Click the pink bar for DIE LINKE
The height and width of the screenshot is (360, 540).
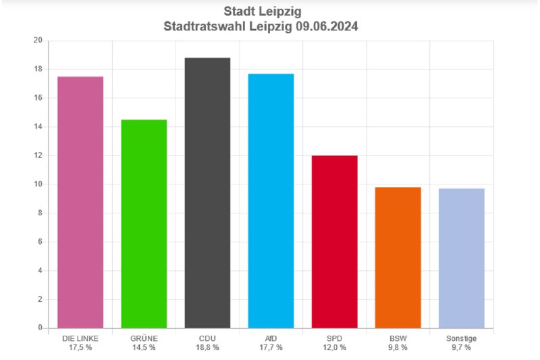(x=80, y=203)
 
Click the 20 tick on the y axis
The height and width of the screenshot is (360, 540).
(x=38, y=41)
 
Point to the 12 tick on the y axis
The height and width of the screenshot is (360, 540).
(x=38, y=155)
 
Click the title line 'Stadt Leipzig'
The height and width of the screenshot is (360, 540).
(x=270, y=12)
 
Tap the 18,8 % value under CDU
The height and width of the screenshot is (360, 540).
(x=207, y=347)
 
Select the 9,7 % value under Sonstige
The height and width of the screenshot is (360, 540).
(x=461, y=347)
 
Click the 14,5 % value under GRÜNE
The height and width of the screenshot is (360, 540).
(x=144, y=347)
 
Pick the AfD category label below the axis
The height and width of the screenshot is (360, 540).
(x=270, y=338)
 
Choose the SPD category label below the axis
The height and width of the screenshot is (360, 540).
(x=334, y=338)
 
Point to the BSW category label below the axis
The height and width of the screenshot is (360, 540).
(x=398, y=338)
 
